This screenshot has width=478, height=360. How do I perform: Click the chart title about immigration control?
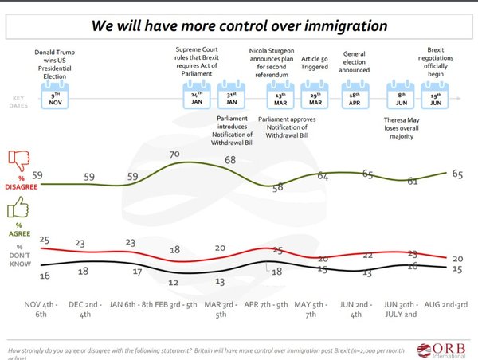240,25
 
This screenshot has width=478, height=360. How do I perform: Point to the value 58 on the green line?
277,188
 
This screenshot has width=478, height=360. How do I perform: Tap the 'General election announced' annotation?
354,63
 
